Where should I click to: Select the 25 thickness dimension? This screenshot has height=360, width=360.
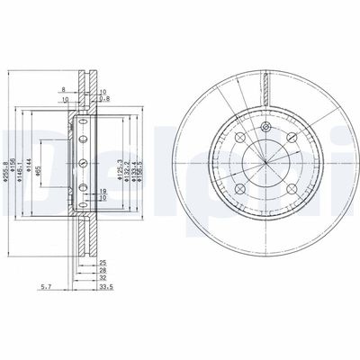103,262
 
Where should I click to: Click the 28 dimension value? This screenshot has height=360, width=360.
103,271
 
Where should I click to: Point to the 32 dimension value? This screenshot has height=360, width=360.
103,280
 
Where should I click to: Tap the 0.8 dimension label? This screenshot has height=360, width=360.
105,99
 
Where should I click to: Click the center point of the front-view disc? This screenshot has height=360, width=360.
266,163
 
